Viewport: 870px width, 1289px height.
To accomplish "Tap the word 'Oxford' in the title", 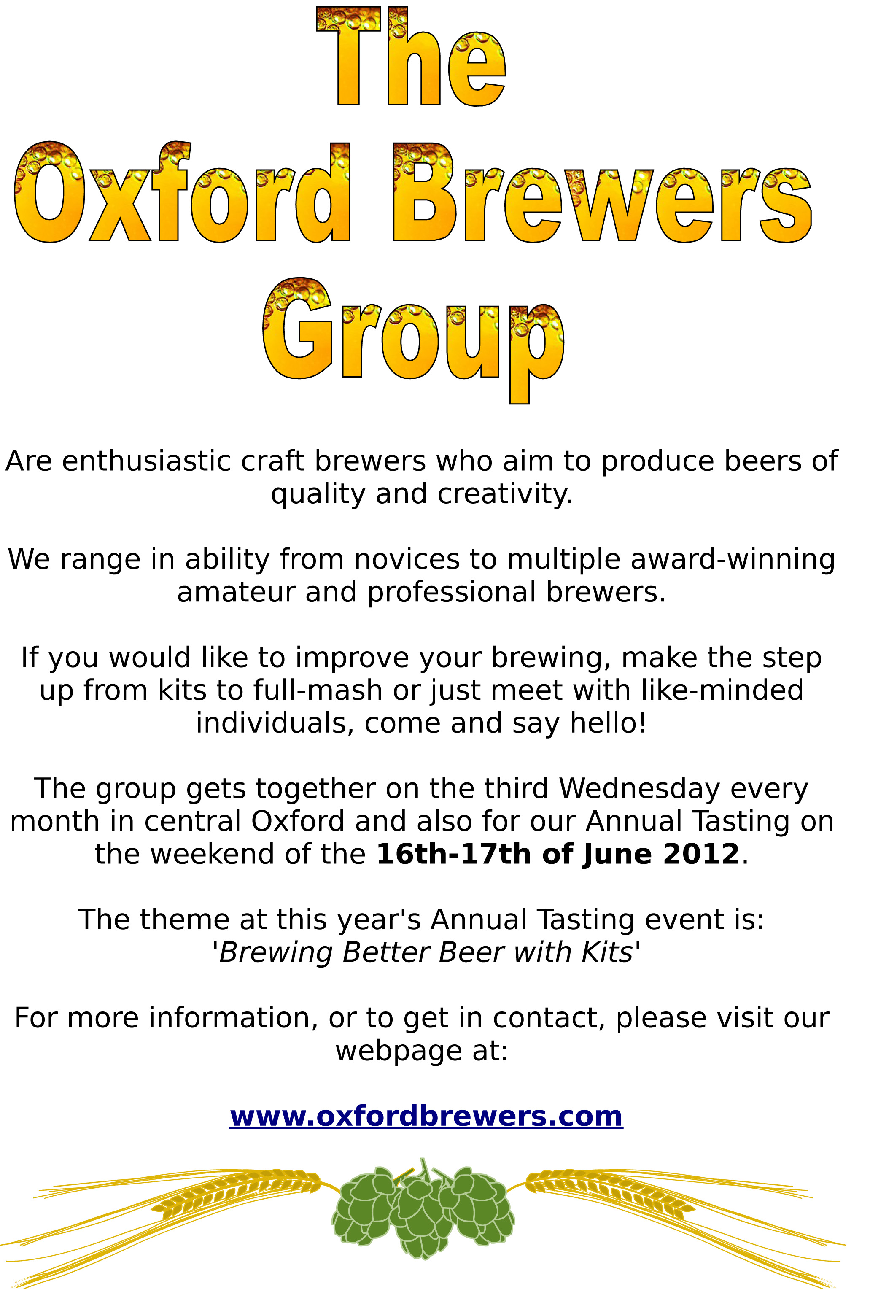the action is tap(182, 192).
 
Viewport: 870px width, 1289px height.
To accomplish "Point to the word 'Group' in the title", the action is tap(414, 340).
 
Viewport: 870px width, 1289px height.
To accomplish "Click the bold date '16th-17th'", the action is tap(454, 854).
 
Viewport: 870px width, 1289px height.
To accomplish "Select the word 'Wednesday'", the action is tap(639, 788).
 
